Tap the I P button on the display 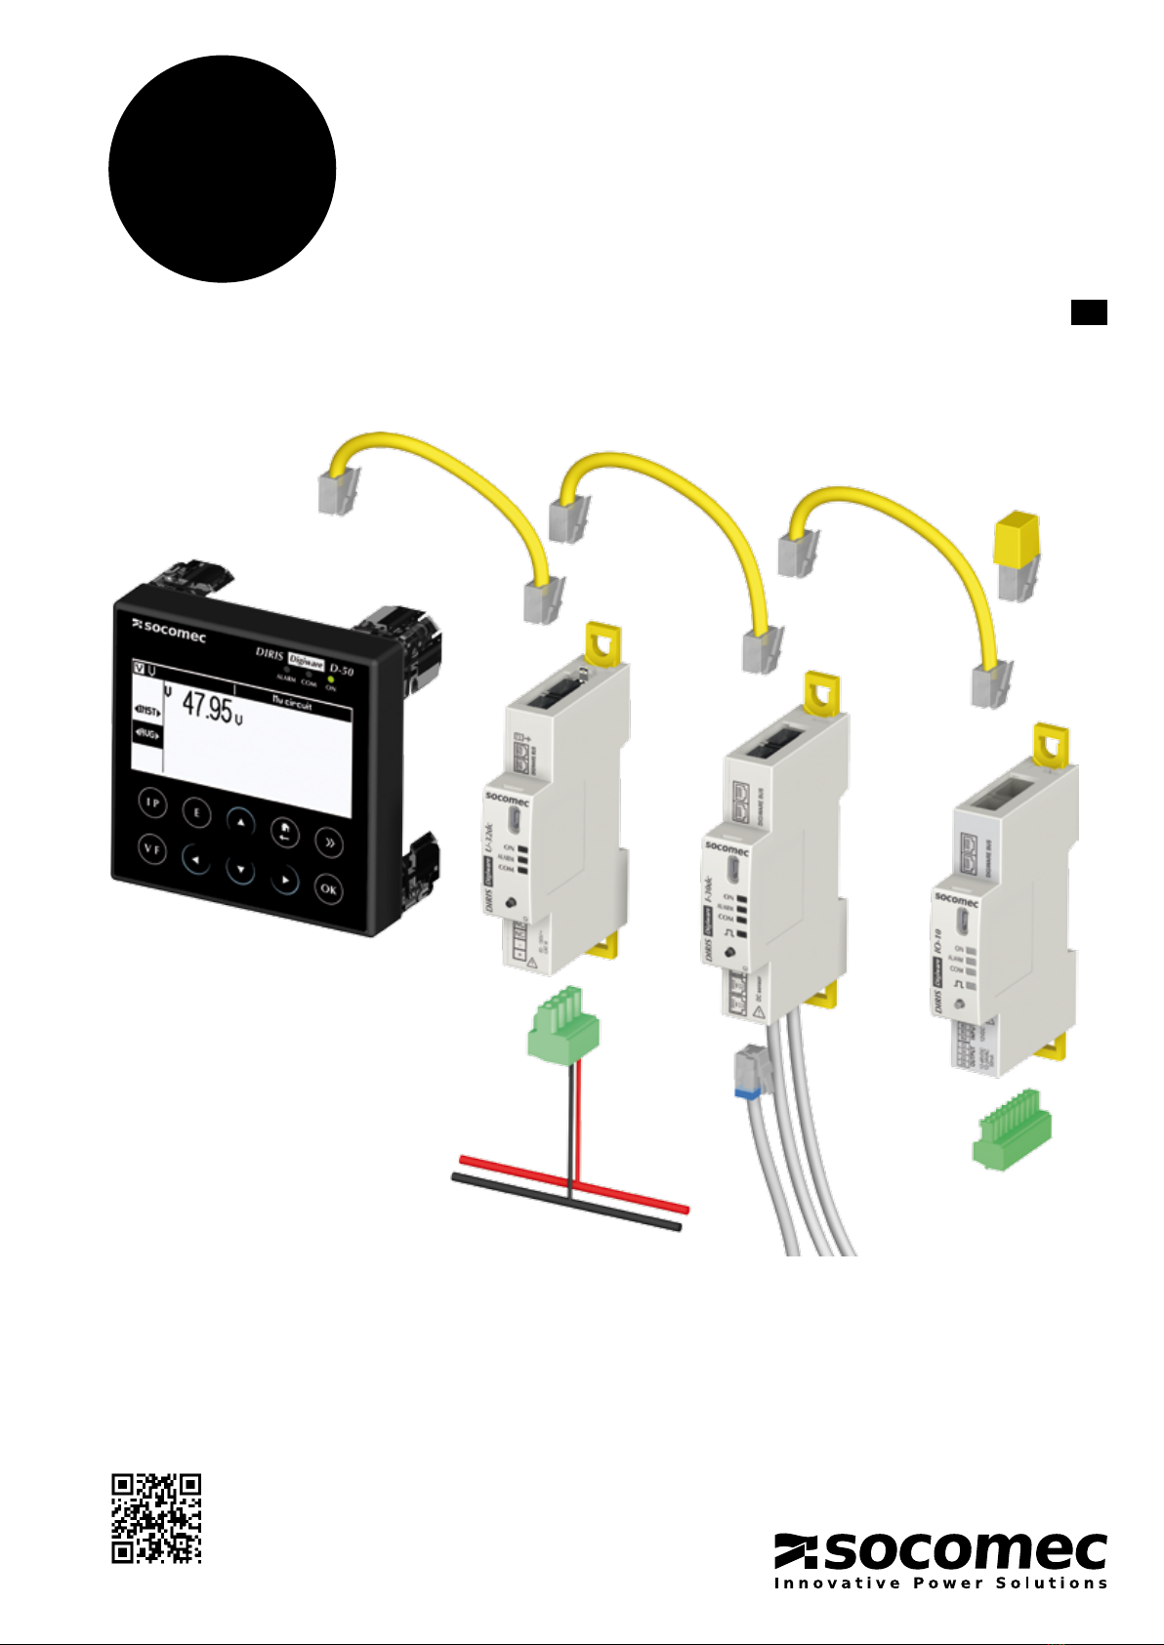coord(152,802)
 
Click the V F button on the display coord(152,848)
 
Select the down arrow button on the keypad coord(240,869)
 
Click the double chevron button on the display coord(329,843)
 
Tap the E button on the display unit coord(196,813)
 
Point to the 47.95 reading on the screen coord(208,707)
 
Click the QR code coord(156,1518)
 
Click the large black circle coord(223,169)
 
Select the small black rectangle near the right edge coord(1089,312)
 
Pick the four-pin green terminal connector coord(562,1025)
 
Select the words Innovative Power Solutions coord(941,1583)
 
